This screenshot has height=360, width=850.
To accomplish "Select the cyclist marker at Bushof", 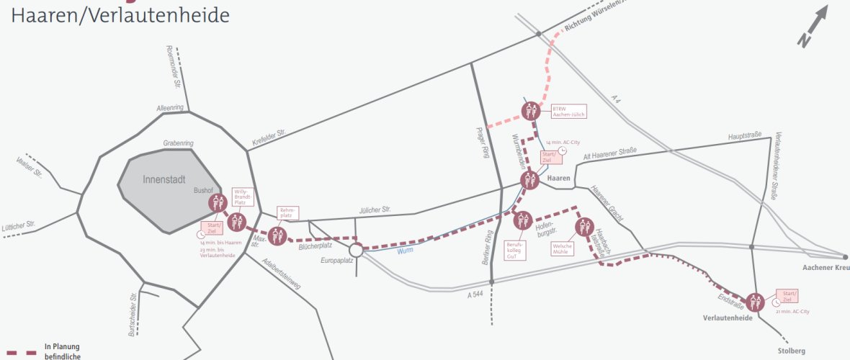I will tap(218, 204).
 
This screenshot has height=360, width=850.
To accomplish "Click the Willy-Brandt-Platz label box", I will tap(241, 197).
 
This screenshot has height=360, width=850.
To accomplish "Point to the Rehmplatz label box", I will tap(287, 212).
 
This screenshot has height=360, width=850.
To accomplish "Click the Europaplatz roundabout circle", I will tap(355, 250).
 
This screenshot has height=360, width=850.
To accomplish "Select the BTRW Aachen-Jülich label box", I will tap(568, 112).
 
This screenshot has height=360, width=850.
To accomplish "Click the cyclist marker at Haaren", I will tap(530, 180).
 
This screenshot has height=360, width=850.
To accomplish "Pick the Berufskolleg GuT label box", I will tap(516, 250).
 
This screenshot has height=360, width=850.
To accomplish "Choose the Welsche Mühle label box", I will tap(562, 249).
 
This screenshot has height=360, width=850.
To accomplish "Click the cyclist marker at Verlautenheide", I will tap(755, 302).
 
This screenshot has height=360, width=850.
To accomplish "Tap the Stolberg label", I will tap(792, 351).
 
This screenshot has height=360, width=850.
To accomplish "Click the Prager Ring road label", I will tap(483, 143).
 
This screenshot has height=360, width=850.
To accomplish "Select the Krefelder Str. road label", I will tap(269, 138).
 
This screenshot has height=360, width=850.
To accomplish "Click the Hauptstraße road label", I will tap(746, 135).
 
